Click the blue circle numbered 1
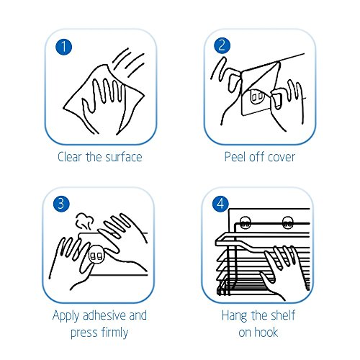pos(63,47)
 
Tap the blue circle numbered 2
pos(222,45)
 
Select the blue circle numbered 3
pos(61,204)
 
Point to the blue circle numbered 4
pos(220,204)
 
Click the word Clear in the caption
pos(70,157)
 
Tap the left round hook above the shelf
pos(245,222)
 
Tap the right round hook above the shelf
pos(287,222)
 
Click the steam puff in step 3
pos(84,222)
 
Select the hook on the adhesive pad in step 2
pos(257,96)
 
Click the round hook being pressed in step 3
pos(96,255)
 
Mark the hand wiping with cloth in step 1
pos(103,101)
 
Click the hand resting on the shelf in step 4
pos(282,271)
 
